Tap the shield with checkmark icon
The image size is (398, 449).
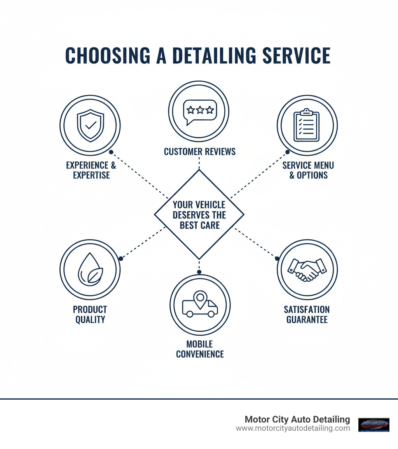click(x=90, y=126)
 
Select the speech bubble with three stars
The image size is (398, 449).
click(x=199, y=110)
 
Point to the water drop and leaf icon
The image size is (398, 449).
click(x=90, y=269)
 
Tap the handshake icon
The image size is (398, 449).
click(x=307, y=270)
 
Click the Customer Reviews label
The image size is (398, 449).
click(x=199, y=151)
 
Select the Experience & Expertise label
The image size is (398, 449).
click(x=91, y=170)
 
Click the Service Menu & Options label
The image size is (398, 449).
click(x=308, y=170)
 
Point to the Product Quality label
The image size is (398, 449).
click(x=90, y=314)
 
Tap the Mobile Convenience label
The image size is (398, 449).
click(x=200, y=349)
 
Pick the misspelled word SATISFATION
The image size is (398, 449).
click(x=307, y=310)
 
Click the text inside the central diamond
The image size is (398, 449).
click(x=199, y=215)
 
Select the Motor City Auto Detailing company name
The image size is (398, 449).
click(x=297, y=419)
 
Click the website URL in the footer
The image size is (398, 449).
click(x=293, y=428)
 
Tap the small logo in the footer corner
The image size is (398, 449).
click(x=374, y=424)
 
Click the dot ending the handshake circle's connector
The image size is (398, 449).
click(x=277, y=258)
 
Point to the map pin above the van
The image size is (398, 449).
click(x=200, y=298)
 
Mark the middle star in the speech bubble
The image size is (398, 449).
click(x=200, y=110)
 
